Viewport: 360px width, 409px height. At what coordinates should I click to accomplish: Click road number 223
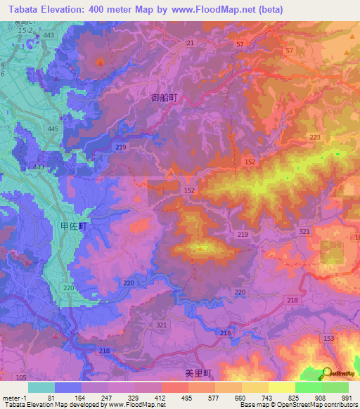[x=314, y=137]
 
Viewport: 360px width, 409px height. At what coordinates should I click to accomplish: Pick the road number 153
[x=328, y=339]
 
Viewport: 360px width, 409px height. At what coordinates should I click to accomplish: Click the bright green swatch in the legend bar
[x=308, y=387]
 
